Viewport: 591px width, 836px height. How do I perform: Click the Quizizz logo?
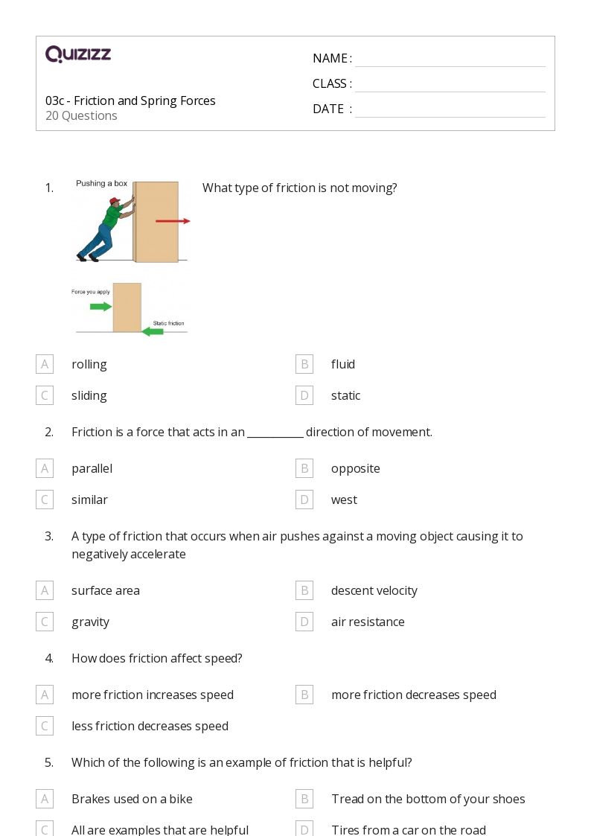tap(78, 54)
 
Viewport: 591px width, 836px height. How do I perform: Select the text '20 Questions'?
tap(81, 116)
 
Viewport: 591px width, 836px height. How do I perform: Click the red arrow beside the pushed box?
tap(173, 221)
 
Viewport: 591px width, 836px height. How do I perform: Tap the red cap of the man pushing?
tap(114, 201)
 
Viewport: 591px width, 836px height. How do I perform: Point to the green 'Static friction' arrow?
tap(153, 331)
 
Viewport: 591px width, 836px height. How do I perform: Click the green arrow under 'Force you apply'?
tap(100, 306)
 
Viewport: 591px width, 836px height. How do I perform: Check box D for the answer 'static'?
tap(304, 395)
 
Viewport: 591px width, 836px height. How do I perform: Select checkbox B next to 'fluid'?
tap(304, 364)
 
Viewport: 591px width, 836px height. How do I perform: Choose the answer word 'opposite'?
tap(355, 468)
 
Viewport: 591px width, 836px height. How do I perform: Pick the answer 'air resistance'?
tap(368, 622)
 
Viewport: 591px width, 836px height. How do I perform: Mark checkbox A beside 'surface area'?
tap(45, 590)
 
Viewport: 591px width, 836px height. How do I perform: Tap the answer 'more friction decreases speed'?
tap(413, 695)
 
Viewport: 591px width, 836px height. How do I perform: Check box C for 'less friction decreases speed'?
tap(45, 726)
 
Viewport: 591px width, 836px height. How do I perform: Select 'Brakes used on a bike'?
tap(132, 799)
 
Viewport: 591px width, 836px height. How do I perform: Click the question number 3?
tap(49, 536)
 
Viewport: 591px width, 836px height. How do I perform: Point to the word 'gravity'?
tap(90, 622)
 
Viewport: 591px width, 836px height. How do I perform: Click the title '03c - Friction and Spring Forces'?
tap(130, 100)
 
